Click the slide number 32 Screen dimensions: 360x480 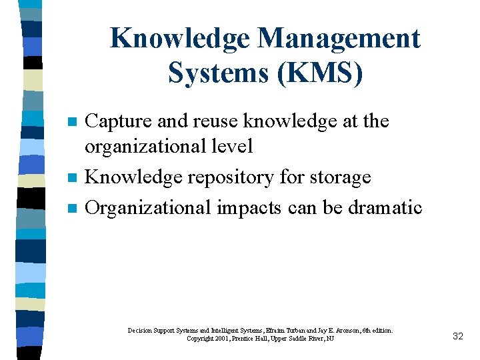click(457, 336)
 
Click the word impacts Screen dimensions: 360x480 click(249, 208)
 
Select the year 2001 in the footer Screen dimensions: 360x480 click(215, 339)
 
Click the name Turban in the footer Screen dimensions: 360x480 click(282, 330)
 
